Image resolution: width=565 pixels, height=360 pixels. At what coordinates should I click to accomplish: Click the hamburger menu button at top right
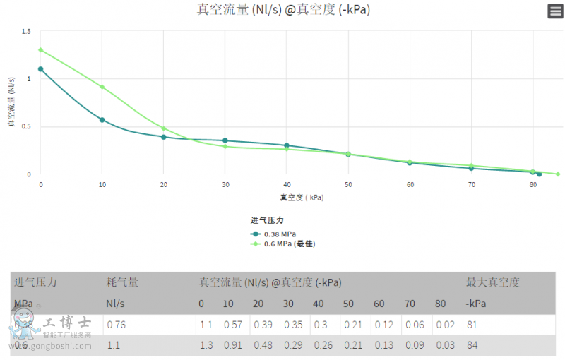click(555, 11)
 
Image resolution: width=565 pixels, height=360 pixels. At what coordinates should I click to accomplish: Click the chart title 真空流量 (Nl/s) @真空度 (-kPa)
click(282, 10)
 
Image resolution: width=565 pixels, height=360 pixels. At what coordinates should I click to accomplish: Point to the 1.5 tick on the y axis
click(26, 32)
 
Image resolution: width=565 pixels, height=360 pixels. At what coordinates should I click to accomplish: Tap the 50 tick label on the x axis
click(348, 184)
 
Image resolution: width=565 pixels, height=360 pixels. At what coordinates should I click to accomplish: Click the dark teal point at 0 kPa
click(41, 69)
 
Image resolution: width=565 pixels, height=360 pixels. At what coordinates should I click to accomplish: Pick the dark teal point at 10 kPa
click(102, 120)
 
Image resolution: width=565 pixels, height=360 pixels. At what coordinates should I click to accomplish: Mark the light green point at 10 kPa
click(102, 88)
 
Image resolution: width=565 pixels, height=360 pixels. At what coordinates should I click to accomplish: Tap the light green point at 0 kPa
click(41, 50)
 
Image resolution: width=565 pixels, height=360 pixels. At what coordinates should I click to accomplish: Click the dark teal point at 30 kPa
click(225, 140)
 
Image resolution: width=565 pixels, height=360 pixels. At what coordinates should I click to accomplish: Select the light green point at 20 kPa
click(164, 128)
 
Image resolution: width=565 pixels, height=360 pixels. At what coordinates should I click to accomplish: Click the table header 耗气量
click(122, 282)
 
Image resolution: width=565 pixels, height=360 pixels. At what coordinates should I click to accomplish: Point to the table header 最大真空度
click(492, 282)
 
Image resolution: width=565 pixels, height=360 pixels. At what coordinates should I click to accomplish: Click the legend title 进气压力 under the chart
click(267, 221)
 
